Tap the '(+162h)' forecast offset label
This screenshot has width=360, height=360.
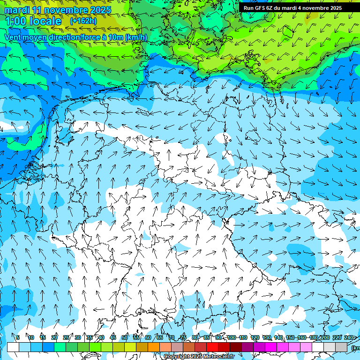pos(83,21)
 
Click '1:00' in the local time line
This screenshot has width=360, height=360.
pos(16,21)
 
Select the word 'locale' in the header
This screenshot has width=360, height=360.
pos(45,21)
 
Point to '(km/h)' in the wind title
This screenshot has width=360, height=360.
pos(135,37)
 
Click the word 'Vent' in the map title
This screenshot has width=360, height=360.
pos(14,37)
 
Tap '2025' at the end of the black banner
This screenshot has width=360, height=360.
pos(335,8)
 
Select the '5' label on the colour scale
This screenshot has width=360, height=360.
pos(18,337)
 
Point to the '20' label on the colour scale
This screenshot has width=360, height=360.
pos(54,337)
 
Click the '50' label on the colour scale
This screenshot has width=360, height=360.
pos(125,337)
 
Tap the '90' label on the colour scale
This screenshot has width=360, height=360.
pos(218,337)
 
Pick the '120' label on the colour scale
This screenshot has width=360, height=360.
pos(255,337)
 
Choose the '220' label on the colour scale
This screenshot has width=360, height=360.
pos(337,337)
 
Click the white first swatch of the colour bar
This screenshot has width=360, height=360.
pos(13,347)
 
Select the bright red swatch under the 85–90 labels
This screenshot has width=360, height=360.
pos(212,347)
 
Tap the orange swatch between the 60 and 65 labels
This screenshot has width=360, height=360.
pos(154,347)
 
